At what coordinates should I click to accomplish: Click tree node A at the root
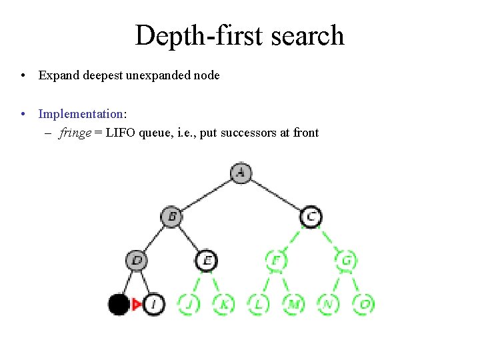click(x=241, y=173)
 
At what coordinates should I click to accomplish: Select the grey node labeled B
click(x=172, y=216)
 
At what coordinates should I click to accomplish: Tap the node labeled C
click(x=311, y=216)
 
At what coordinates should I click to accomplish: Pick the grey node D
click(x=137, y=260)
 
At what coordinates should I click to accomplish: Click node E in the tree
click(x=207, y=260)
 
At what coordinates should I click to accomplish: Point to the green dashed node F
click(x=276, y=260)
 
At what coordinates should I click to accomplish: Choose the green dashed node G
click(x=345, y=260)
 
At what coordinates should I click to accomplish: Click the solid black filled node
click(x=119, y=304)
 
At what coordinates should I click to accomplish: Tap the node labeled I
click(x=153, y=304)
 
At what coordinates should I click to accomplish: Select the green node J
click(x=189, y=304)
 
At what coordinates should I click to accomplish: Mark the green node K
click(x=223, y=304)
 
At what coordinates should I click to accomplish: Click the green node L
click(x=258, y=304)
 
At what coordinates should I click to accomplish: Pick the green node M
click(x=293, y=304)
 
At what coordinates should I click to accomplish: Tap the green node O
click(x=363, y=304)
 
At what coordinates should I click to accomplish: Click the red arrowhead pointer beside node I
click(x=137, y=305)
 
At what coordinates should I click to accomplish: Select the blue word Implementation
click(x=81, y=114)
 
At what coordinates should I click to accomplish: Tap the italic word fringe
click(x=75, y=133)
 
